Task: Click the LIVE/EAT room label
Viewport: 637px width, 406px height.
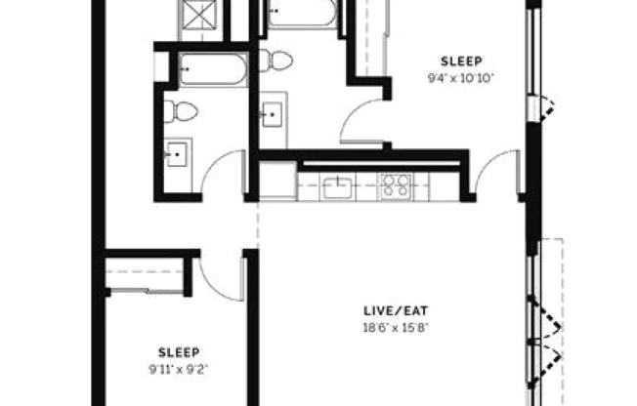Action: [396, 311]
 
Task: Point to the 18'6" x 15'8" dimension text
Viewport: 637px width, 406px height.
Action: [396, 328]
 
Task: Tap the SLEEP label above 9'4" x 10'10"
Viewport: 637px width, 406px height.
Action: [461, 61]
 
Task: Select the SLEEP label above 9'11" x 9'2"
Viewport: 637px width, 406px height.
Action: [179, 352]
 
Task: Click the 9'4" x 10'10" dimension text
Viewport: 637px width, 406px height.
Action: [461, 78]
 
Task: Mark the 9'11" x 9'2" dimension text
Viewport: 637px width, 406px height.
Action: [179, 370]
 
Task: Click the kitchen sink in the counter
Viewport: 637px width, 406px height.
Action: [337, 188]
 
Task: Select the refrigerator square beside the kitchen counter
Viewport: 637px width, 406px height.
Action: [278, 181]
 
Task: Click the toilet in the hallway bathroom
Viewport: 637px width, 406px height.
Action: [181, 111]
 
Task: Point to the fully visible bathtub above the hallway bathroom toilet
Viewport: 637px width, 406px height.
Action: [213, 69]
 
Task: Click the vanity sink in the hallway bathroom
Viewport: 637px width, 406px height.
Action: [177, 154]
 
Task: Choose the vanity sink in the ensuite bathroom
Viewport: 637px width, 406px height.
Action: [272, 114]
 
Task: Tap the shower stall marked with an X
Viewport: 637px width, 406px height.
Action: [199, 16]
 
